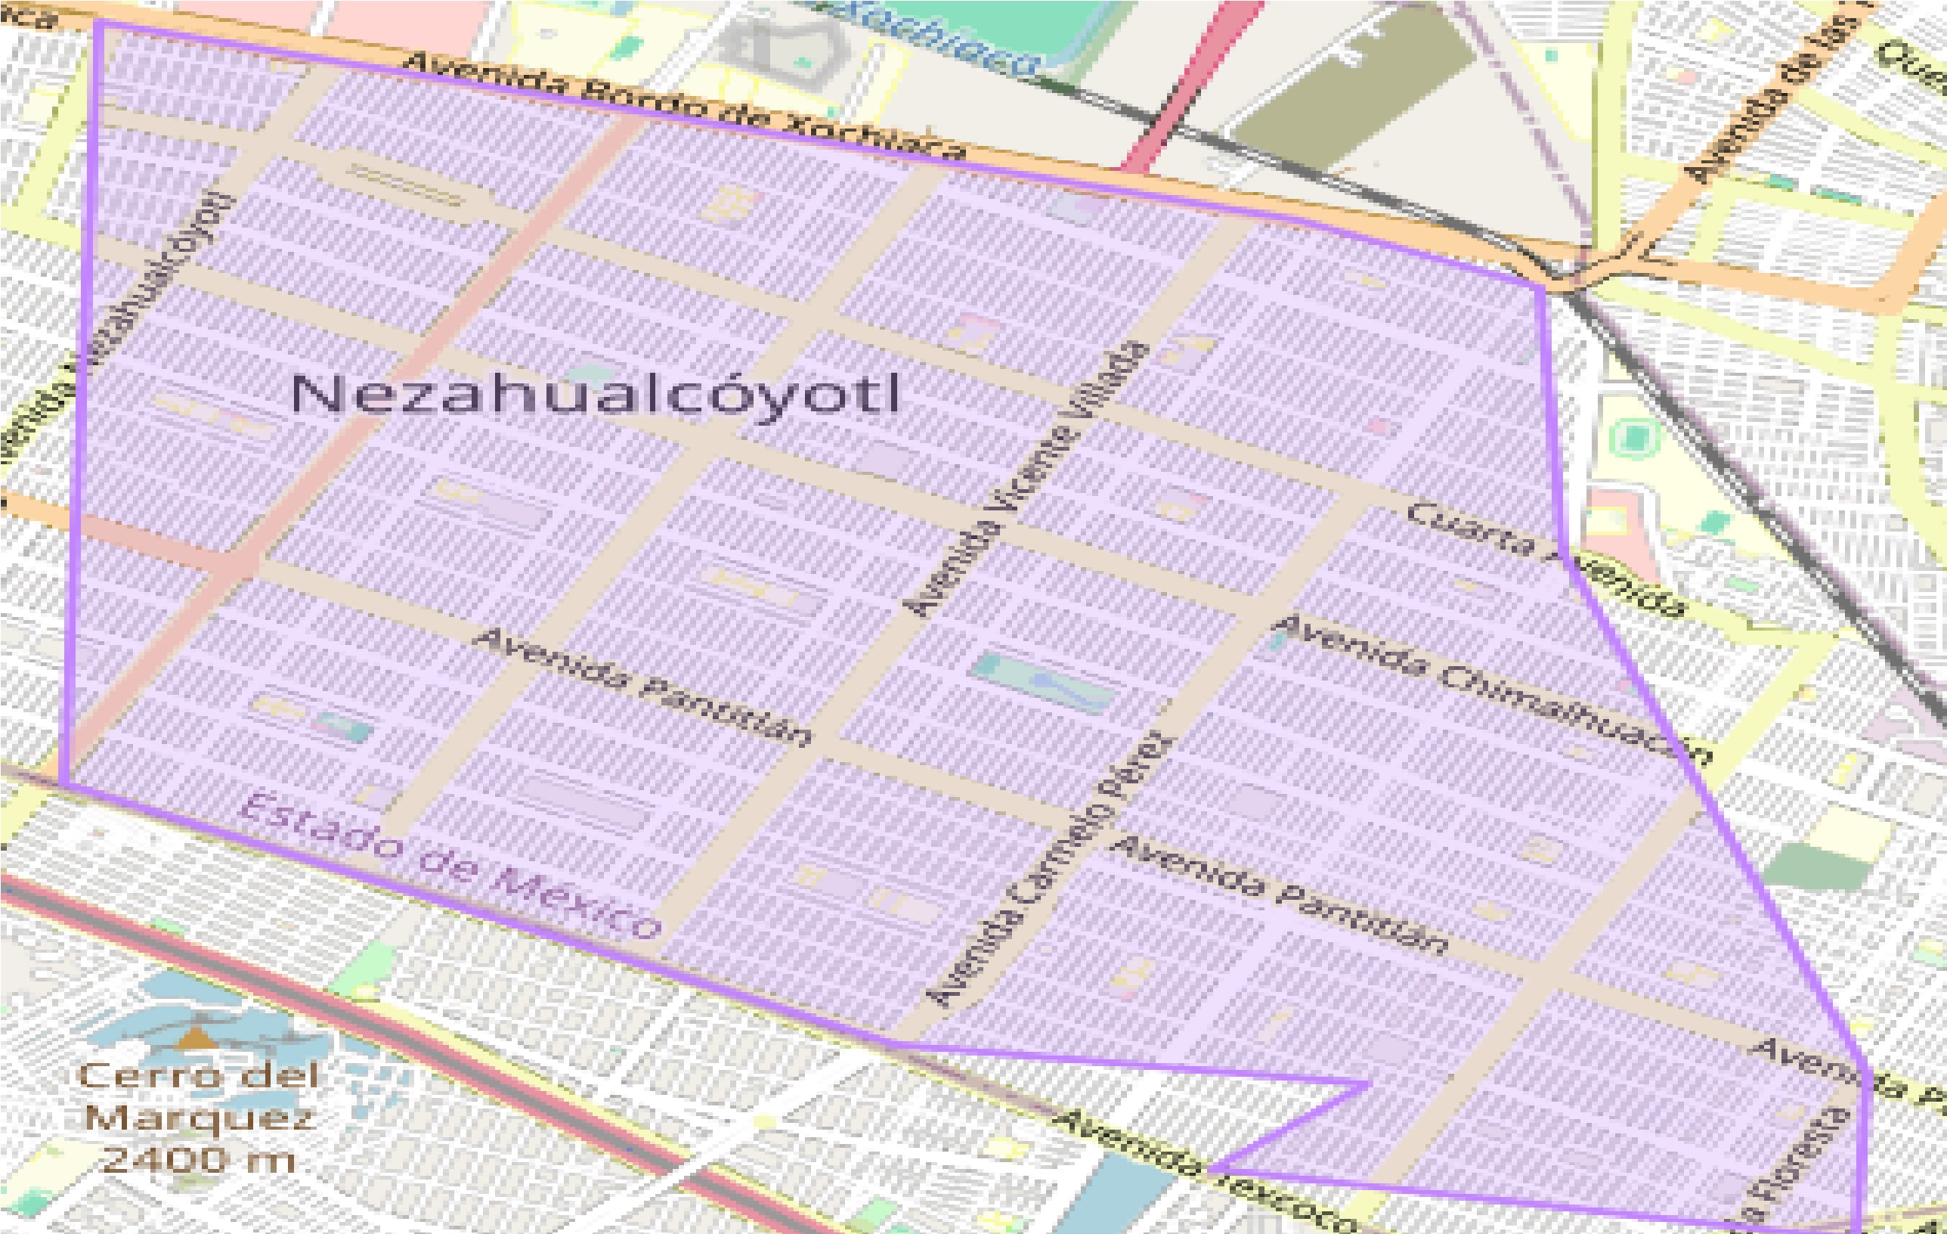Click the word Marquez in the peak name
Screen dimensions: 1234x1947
point(199,1118)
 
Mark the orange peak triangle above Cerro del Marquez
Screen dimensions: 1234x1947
point(193,1037)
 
